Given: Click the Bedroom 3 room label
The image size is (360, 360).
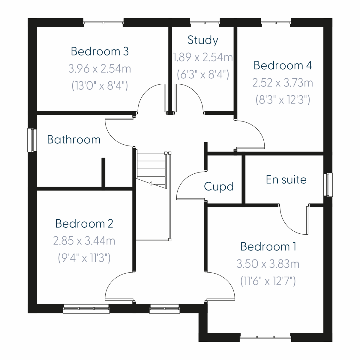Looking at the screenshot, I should pyautogui.click(x=100, y=51).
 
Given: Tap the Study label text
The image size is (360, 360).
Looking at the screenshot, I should pyautogui.click(x=203, y=40).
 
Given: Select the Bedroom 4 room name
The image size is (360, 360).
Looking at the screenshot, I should pyautogui.click(x=283, y=65).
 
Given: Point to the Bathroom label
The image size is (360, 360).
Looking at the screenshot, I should pyautogui.click(x=74, y=140).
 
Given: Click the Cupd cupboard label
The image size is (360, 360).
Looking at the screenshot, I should pyautogui.click(x=219, y=187).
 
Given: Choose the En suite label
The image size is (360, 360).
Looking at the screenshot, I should pyautogui.click(x=286, y=180).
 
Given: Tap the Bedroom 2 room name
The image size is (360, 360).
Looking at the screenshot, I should pyautogui.click(x=84, y=224).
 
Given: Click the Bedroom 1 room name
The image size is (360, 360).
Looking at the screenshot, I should pyautogui.click(x=268, y=247).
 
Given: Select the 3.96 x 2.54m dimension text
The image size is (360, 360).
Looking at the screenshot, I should pyautogui.click(x=100, y=69).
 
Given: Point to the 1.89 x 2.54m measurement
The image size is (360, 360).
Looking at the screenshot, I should pyautogui.click(x=203, y=57).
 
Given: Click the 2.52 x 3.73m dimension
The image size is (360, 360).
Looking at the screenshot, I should pyautogui.click(x=283, y=82).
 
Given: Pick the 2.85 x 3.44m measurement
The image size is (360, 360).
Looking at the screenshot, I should pyautogui.click(x=84, y=241).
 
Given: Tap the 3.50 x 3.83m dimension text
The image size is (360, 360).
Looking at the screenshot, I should pyautogui.click(x=268, y=264).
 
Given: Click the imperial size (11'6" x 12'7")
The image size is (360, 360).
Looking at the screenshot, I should pyautogui.click(x=268, y=281).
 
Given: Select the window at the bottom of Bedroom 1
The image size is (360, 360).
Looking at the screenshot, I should pyautogui.click(x=265, y=337).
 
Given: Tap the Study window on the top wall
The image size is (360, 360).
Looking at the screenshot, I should pyautogui.click(x=205, y=22).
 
